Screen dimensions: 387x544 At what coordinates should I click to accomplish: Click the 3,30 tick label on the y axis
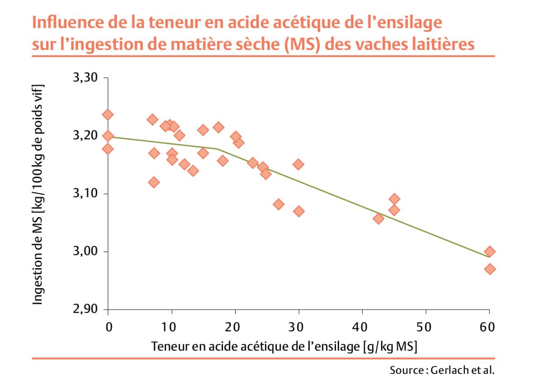[85, 78]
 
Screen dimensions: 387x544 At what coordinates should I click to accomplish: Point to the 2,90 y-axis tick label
[85, 309]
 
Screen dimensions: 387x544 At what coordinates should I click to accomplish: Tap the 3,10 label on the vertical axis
[85, 194]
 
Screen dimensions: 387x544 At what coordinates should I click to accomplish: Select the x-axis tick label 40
[362, 327]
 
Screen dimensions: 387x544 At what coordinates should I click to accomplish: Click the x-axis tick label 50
[425, 327]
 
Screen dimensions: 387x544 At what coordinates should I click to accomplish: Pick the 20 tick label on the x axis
[235, 327]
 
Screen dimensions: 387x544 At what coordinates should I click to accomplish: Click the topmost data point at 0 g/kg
[108, 115]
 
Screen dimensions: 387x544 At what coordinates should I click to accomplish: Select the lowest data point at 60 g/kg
[490, 269]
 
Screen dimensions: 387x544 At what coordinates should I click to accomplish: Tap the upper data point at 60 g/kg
[490, 252]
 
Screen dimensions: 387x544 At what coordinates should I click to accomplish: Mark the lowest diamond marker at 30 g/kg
[298, 211]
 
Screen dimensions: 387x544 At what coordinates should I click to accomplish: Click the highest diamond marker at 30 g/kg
[298, 164]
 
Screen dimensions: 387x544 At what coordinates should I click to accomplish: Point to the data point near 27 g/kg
[279, 204]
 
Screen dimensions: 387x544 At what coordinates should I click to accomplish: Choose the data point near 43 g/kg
[379, 219]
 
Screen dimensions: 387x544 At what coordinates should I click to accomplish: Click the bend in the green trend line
[218, 149]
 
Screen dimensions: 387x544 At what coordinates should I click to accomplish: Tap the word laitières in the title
[439, 44]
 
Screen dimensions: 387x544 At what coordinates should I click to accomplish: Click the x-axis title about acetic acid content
[284, 347]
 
